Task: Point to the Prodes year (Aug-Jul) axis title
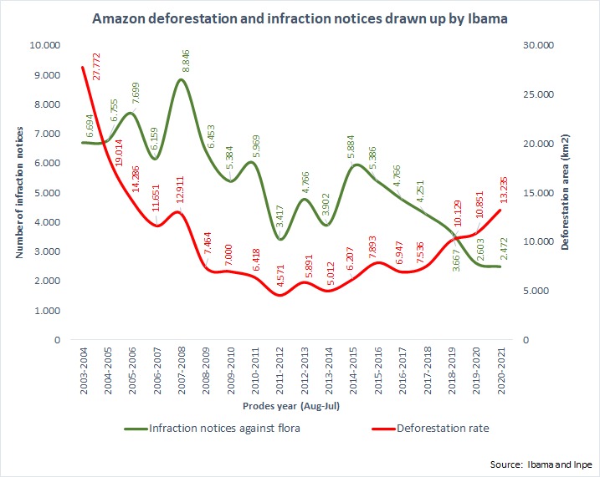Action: point(291,404)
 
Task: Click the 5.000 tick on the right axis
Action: point(538,291)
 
